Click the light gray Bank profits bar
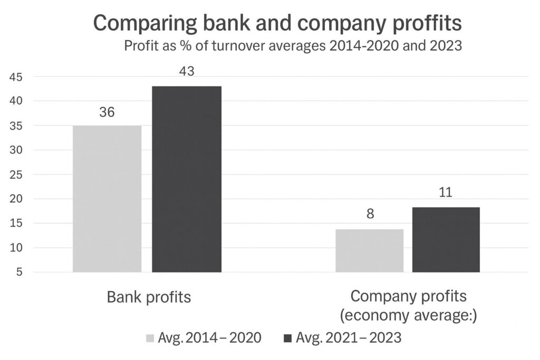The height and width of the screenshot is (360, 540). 107,199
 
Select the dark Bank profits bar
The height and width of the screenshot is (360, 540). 187,179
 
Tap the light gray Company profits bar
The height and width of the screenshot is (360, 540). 369,250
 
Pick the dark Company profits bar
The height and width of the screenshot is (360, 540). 446,240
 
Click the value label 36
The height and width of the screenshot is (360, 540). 107,113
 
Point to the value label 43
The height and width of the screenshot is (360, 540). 187,72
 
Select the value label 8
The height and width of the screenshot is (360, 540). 369,217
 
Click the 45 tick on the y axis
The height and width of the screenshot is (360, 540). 15,77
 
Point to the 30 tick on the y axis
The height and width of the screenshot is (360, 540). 15,150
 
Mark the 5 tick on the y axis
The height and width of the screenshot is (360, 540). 18,273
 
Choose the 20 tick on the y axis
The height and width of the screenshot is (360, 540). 15,199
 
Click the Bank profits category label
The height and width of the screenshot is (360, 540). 149,297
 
